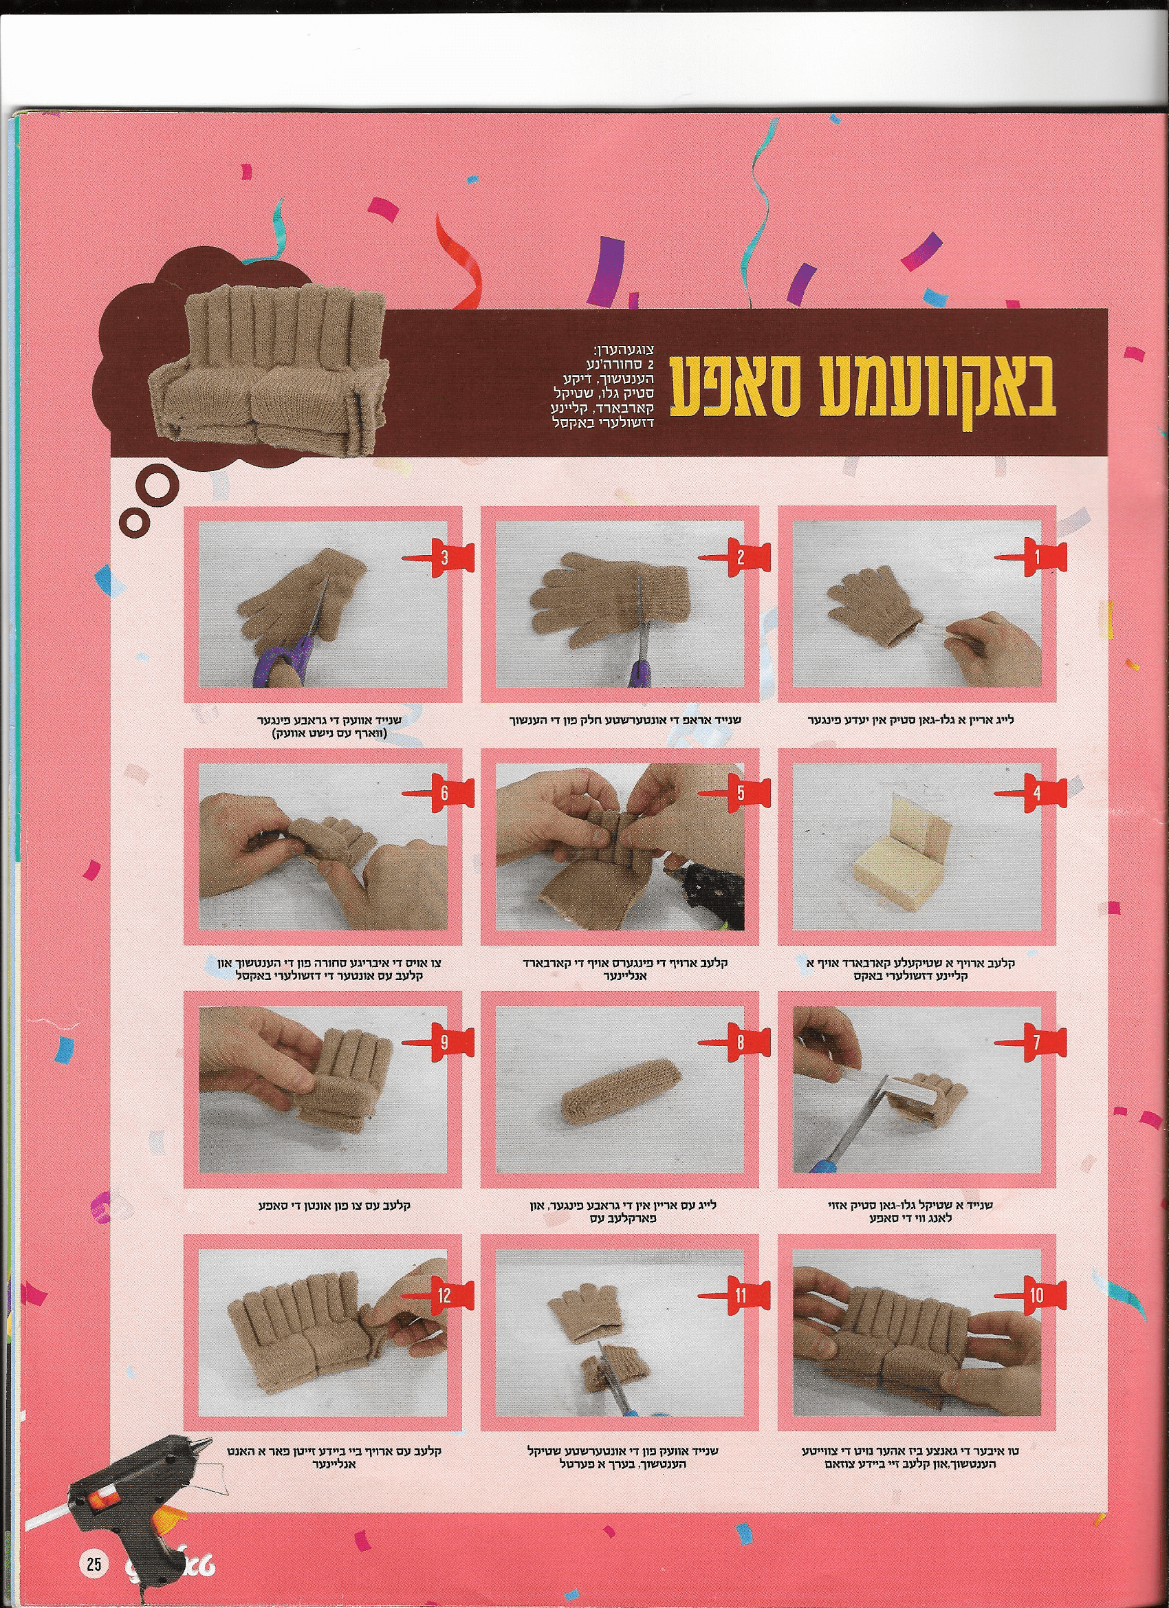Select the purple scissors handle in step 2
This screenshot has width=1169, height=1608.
pyautogui.click(x=640, y=671)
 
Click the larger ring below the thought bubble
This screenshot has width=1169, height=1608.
pyautogui.click(x=155, y=488)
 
